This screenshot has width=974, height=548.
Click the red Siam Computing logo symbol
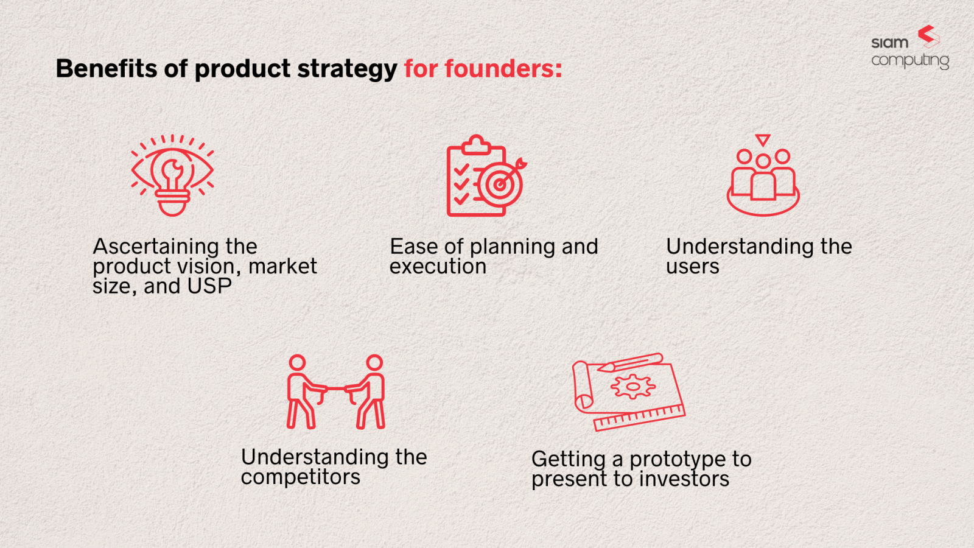point(928,36)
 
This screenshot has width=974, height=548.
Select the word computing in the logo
point(910,61)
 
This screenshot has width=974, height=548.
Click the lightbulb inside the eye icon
point(172,177)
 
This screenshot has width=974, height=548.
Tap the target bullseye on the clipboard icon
point(499,184)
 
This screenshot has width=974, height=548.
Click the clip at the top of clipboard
point(476,145)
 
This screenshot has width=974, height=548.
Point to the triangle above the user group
point(763,141)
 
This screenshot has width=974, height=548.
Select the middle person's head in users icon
point(763,161)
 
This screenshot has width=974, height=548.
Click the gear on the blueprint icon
point(633,386)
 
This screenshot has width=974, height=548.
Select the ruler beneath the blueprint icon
point(639,418)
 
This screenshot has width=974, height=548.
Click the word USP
point(209,286)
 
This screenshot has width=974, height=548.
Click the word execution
point(438,267)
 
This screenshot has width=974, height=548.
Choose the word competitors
point(300,477)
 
